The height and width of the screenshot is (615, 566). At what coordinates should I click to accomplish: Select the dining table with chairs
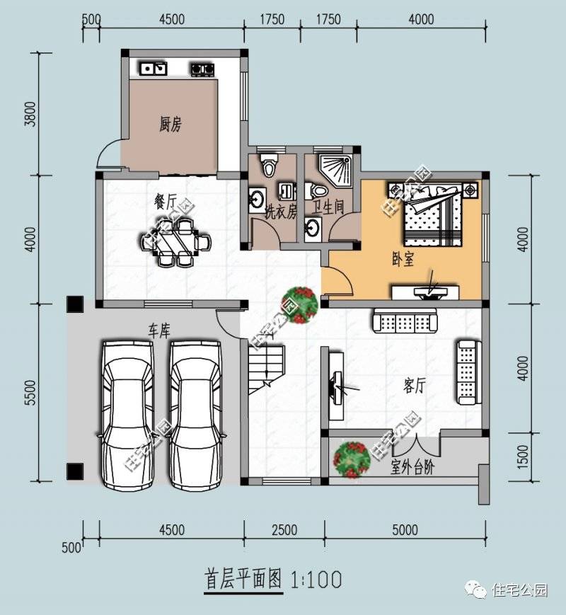tap(176, 242)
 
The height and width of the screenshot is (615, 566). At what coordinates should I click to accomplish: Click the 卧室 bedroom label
tap(403, 260)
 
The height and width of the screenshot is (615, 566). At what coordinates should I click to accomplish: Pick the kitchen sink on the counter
tap(153, 69)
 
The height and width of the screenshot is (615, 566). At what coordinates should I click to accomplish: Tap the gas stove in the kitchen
tap(202, 69)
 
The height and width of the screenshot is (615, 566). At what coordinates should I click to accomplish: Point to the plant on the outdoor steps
tap(352, 459)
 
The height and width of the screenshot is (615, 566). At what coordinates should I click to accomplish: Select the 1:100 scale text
tap(316, 580)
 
